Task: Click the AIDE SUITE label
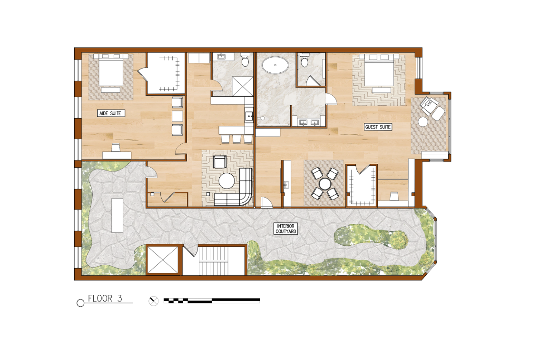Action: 110,113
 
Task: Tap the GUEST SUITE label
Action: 378,127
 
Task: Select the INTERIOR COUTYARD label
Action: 286,229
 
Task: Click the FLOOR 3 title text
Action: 105,298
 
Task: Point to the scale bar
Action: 211,300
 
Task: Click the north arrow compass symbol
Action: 153,301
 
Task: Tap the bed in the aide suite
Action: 110,72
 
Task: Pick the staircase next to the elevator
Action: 214,260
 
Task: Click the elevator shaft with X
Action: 163,260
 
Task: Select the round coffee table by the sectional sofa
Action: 226,180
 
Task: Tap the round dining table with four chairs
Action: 325,184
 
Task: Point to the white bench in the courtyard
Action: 117,215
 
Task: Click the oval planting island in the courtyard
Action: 371,237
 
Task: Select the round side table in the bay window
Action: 423,122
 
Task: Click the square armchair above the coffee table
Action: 220,162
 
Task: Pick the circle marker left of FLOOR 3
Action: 80,303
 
